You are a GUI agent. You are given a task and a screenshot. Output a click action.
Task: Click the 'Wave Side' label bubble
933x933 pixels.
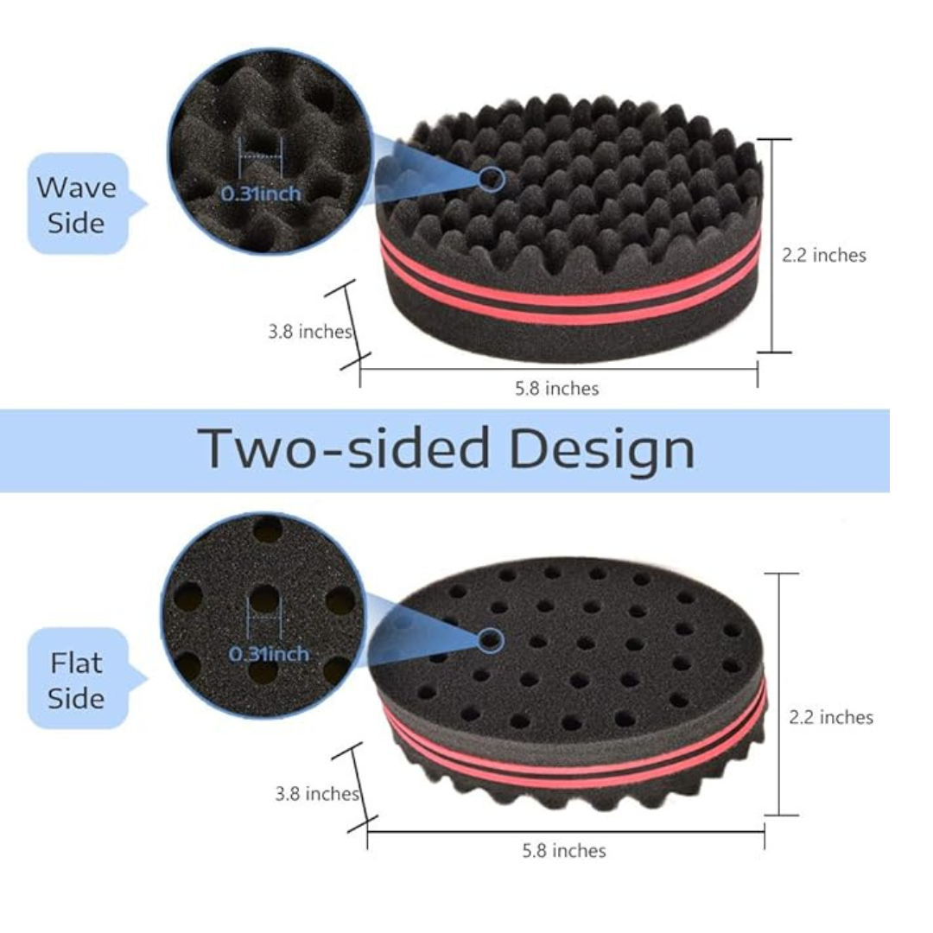coord(80,204)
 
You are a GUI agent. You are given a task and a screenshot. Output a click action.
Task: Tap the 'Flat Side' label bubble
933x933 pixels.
coord(80,679)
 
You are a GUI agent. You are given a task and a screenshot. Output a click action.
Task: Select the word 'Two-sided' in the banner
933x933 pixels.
coord(343,447)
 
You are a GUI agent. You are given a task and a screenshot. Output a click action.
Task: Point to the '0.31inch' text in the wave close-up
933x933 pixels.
coord(261,194)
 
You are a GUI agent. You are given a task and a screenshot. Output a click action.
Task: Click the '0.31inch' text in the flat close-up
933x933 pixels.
coord(269,654)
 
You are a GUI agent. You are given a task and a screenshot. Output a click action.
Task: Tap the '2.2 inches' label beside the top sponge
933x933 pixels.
coord(824,255)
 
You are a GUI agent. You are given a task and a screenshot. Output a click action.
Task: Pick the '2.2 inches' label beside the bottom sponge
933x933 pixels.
coord(831,718)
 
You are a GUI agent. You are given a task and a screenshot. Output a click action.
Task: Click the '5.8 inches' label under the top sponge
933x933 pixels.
coord(557,389)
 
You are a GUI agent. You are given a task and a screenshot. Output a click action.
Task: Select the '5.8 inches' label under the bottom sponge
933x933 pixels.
coord(564,851)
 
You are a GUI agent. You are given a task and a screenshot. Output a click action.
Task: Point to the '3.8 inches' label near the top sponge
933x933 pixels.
coord(310,332)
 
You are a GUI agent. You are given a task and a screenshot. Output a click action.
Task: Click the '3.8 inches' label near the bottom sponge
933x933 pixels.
coord(317,794)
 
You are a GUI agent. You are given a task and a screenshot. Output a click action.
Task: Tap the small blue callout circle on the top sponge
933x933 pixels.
coord(492,179)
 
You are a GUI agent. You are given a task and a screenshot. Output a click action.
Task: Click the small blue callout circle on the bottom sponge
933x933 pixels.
coord(491,640)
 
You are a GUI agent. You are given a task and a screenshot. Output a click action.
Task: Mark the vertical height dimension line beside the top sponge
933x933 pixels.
coord(773,245)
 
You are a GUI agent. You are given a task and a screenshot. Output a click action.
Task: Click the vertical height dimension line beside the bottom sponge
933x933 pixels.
coord(780,695)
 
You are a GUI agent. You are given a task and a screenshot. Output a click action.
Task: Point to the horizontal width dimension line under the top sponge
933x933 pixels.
coord(559,370)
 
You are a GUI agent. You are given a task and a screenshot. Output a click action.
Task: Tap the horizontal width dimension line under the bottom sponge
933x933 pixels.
coord(566,832)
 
